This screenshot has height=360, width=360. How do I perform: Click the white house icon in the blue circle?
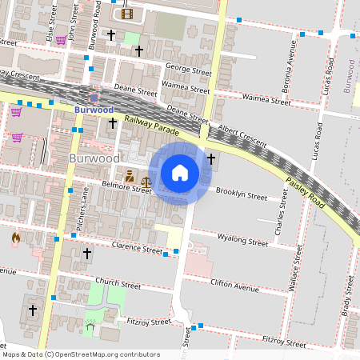click(x=180, y=173)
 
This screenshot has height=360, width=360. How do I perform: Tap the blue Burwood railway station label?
click(x=94, y=109)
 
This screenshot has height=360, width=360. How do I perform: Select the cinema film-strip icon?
click(x=126, y=13)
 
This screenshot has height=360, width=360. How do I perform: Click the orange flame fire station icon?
click(x=16, y=238)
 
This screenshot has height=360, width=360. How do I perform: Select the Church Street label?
click(x=118, y=284)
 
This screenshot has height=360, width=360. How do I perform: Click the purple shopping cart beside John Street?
click(x=61, y=40)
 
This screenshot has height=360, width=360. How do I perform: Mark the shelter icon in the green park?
click(x=90, y=326)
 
